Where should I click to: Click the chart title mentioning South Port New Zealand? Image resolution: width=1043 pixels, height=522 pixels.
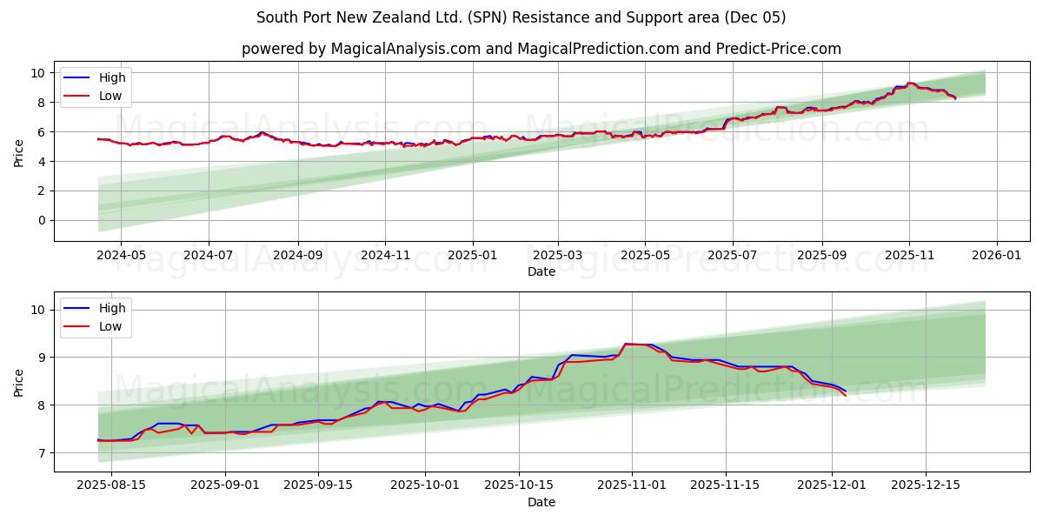521,17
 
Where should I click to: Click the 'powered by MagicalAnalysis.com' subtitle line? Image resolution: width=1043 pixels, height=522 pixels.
541,49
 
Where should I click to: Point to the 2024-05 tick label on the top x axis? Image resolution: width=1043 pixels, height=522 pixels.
120,256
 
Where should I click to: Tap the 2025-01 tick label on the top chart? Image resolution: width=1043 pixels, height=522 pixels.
473,256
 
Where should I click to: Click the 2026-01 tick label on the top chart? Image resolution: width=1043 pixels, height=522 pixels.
996,256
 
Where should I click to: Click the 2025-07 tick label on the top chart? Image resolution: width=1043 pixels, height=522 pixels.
732,256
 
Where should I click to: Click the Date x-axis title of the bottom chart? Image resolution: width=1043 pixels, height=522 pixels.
541,502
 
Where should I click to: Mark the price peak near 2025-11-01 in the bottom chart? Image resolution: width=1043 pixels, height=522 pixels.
626,344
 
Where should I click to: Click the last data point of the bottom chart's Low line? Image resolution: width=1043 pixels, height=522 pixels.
845,396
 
